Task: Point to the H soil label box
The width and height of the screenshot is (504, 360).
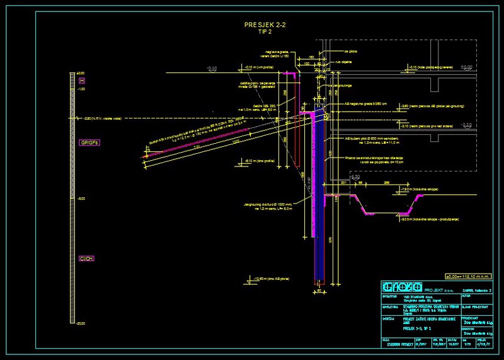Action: pos(81,81)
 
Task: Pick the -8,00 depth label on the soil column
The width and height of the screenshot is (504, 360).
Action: pos(81,199)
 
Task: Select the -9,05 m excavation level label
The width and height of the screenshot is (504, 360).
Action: pos(429,219)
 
